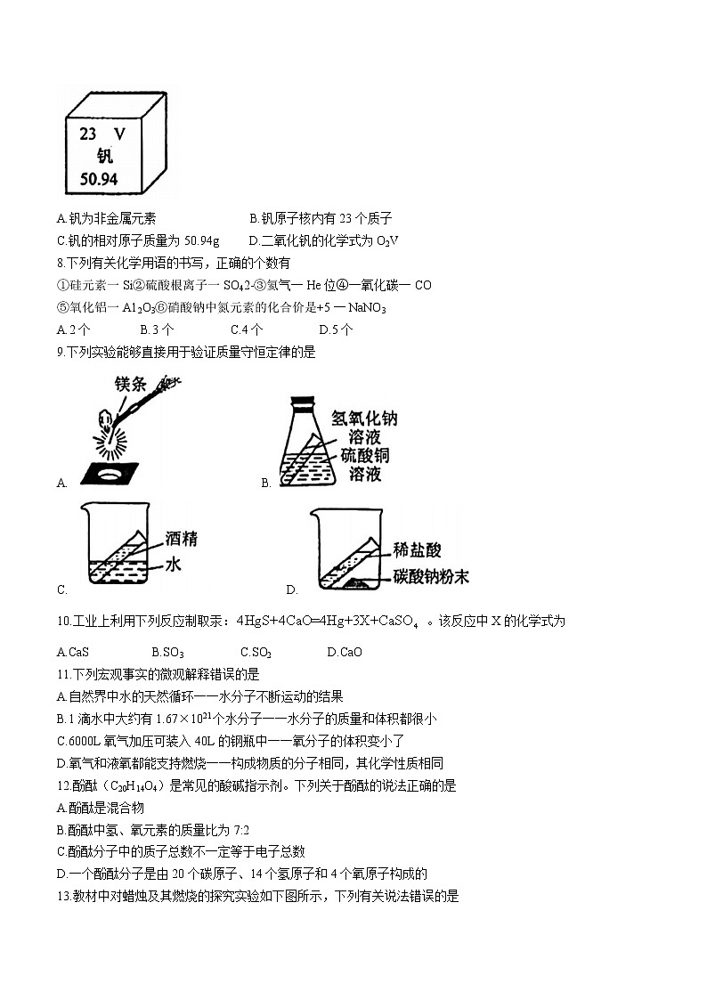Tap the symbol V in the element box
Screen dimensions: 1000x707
120,135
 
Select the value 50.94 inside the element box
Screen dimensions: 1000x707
99,178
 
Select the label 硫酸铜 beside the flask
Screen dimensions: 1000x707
365,455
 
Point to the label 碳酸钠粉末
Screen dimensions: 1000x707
431,577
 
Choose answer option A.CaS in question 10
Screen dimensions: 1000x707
72,652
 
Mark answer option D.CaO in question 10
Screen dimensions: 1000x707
345,652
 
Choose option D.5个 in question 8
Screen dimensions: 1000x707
336,329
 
